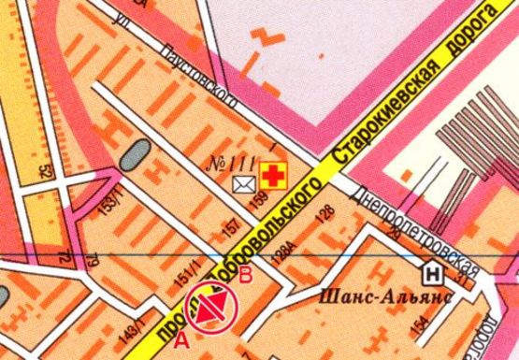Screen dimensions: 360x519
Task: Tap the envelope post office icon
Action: pyautogui.click(x=244, y=183)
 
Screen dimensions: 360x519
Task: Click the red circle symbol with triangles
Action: pyautogui.click(x=212, y=310)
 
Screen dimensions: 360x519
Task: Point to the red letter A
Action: pyautogui.click(x=181, y=329)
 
